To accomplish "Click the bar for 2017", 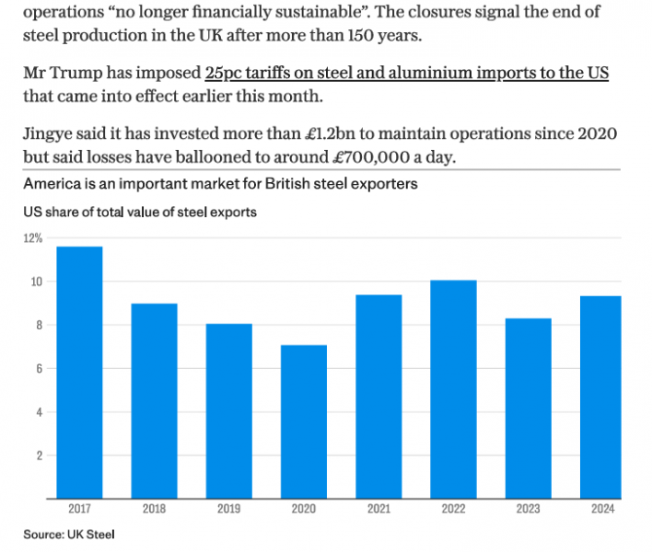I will click(79, 373).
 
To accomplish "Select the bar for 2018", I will click(154, 401).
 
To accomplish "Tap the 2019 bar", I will click(228, 411).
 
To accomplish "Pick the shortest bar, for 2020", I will click(303, 422).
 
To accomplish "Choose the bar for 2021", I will click(378, 397).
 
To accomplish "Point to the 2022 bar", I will click(452, 389).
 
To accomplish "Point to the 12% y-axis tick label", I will click(33, 238).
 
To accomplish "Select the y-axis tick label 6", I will click(39, 369).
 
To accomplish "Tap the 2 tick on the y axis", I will click(39, 455).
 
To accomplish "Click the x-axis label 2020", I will click(303, 509).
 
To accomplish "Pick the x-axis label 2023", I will click(527, 509).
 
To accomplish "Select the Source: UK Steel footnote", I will click(69, 533).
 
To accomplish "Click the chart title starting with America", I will click(221, 183).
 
